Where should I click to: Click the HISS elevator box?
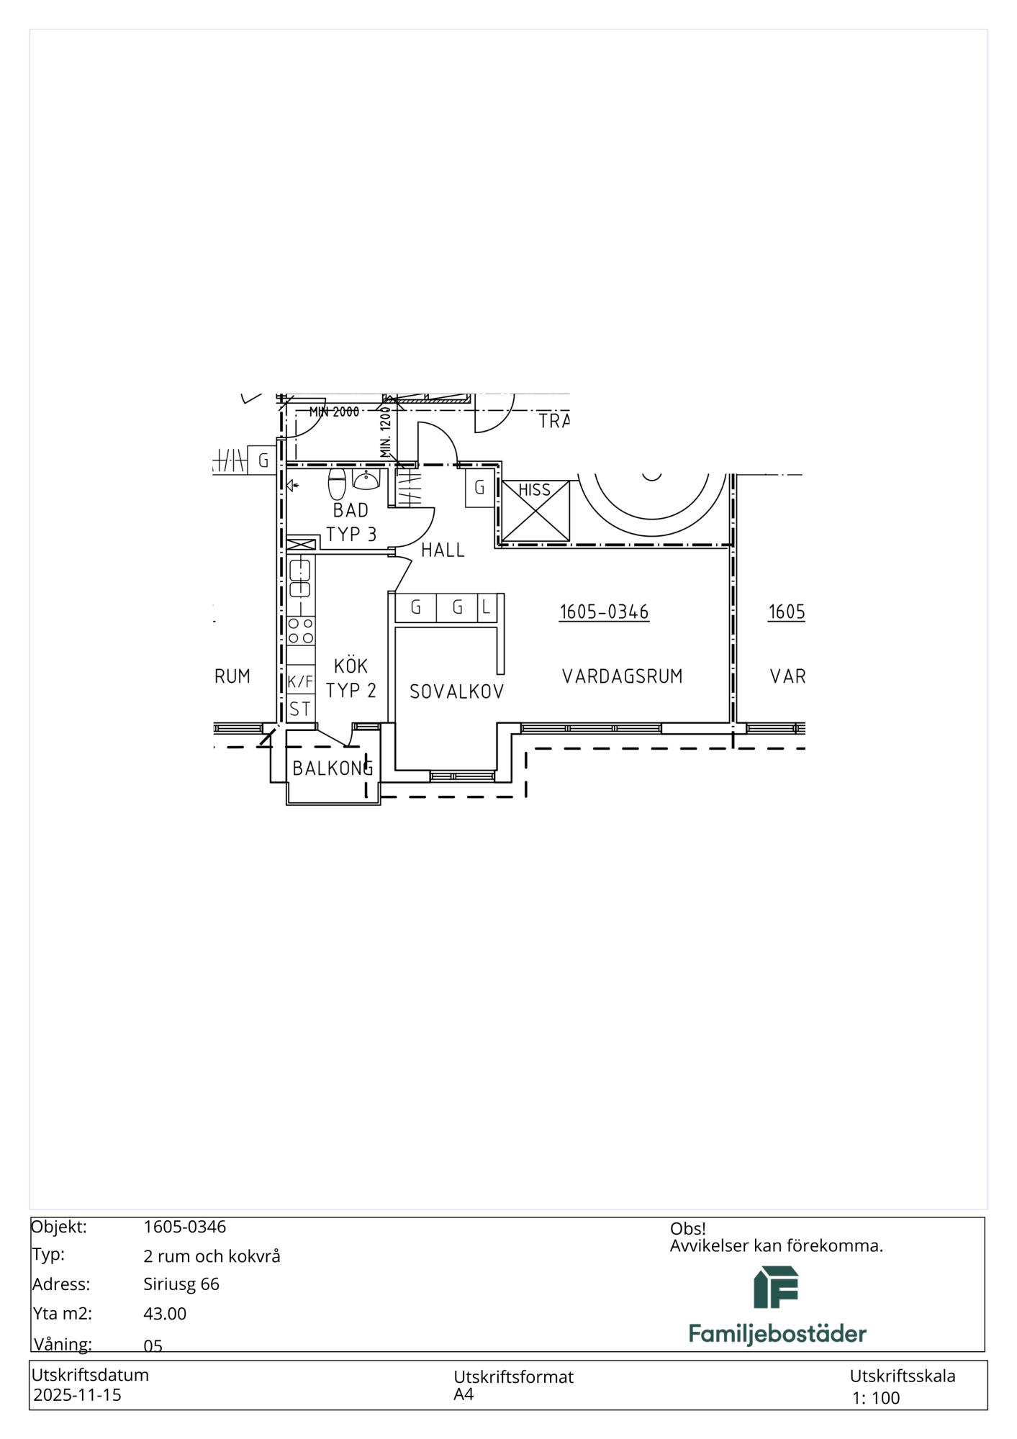[x=535, y=511]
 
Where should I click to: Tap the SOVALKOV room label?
[x=457, y=691]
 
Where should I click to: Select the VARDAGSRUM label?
[x=623, y=676]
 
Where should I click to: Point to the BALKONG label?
[x=333, y=768]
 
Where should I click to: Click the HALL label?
[x=443, y=550]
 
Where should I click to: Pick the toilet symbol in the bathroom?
[x=337, y=485]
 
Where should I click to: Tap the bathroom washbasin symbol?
[x=366, y=480]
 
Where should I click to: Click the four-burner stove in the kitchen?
[x=301, y=631]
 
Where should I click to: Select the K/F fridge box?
[x=301, y=681]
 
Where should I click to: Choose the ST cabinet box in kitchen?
[x=301, y=709]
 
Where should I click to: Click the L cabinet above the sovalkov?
[x=487, y=608]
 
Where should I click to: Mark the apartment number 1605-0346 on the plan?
[x=605, y=612]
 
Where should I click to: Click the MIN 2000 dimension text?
[x=334, y=412]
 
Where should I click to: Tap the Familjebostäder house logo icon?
[x=776, y=1288]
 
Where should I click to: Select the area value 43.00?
[x=165, y=1314]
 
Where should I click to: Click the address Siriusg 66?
[x=181, y=1284]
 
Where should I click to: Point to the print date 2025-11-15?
[x=78, y=1395]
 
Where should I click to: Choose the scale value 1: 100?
[x=876, y=1398]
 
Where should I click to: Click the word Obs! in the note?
[x=687, y=1229]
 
